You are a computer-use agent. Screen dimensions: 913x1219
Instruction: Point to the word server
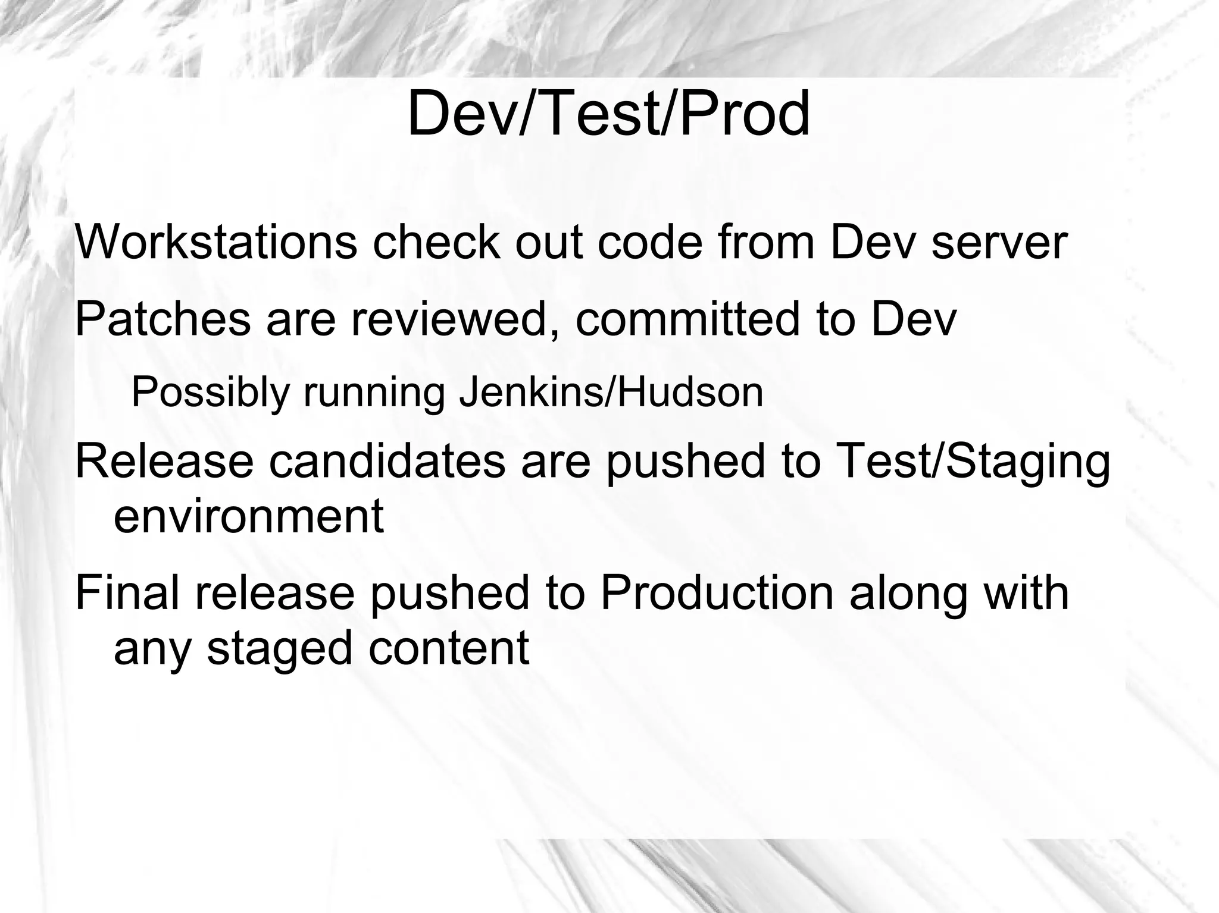(999, 243)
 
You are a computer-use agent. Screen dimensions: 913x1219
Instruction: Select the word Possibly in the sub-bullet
(210, 393)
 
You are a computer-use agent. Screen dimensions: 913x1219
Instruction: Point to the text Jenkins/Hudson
(611, 393)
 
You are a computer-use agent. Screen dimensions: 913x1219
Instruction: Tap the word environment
(248, 516)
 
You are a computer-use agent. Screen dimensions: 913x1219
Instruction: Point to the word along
(908, 595)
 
